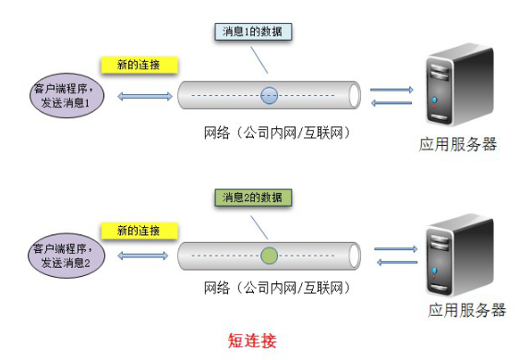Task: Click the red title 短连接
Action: coord(251,340)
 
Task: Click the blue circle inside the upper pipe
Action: coord(269,94)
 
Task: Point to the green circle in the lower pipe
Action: coord(269,255)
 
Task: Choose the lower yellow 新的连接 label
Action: coord(139,230)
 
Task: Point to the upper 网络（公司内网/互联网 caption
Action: coord(276,132)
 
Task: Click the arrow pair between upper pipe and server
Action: coord(391,96)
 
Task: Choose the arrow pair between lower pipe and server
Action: coord(396,256)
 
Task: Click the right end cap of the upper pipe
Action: coord(351,94)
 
